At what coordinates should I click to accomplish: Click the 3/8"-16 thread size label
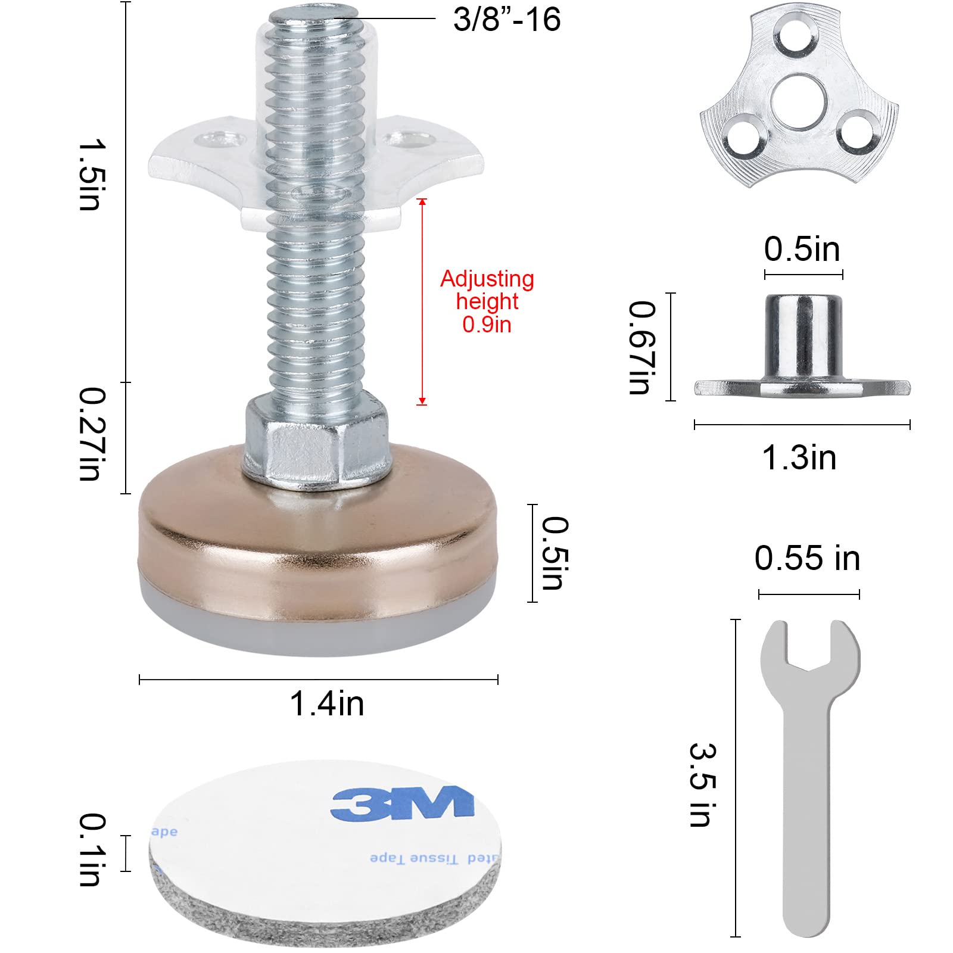[x=506, y=19]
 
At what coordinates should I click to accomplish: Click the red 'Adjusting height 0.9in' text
[x=487, y=301]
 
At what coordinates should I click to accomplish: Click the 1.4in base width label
[x=326, y=703]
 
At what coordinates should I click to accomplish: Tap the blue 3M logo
[x=403, y=803]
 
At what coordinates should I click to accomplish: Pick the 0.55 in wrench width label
[x=807, y=559]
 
